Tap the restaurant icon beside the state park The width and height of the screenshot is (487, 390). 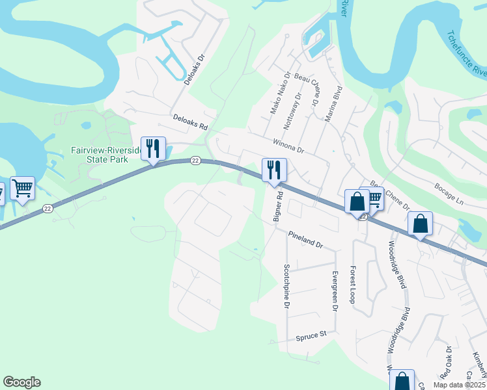pyautogui.click(x=153, y=149)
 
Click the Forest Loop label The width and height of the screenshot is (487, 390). pyautogui.click(x=353, y=285)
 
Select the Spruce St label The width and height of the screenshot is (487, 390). pyautogui.click(x=311, y=336)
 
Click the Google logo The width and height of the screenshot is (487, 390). pyautogui.click(x=21, y=382)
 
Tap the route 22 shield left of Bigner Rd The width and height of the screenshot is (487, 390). pyautogui.click(x=195, y=160)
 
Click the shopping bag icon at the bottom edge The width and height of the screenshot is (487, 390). pyautogui.click(x=402, y=382)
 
